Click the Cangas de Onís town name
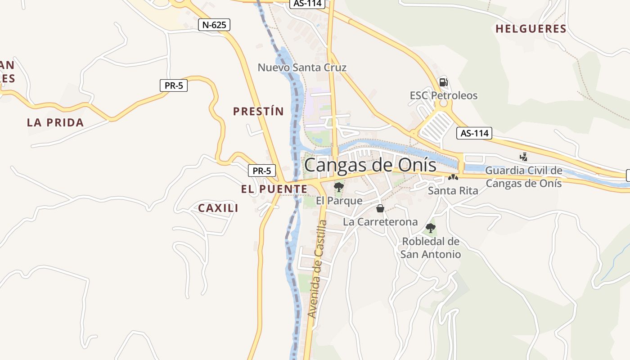[x=370, y=165]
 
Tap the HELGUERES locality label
[x=531, y=29]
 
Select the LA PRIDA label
[x=55, y=122]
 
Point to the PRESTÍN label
[x=258, y=112]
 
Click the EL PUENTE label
[x=274, y=189]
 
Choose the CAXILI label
[x=218, y=208]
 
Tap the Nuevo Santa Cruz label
[x=302, y=67]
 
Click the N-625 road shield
[x=214, y=25]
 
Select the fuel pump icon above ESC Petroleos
[x=443, y=82]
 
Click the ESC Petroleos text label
[x=443, y=95]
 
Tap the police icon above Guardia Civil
[x=523, y=157]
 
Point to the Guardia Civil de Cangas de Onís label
[x=524, y=177]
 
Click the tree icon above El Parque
[x=339, y=187]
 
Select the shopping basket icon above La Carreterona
[x=380, y=208]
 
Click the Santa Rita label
[x=453, y=191]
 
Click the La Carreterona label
[x=380, y=222]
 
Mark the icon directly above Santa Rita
[x=453, y=178]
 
